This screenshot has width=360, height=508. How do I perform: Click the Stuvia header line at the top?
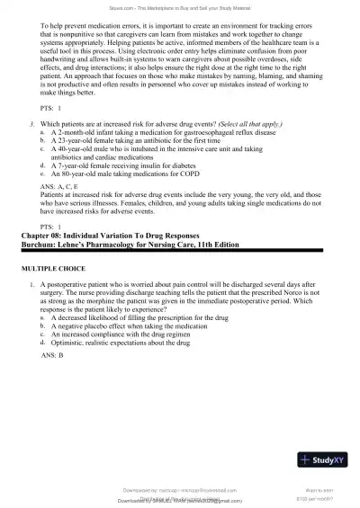pos(179,7)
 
